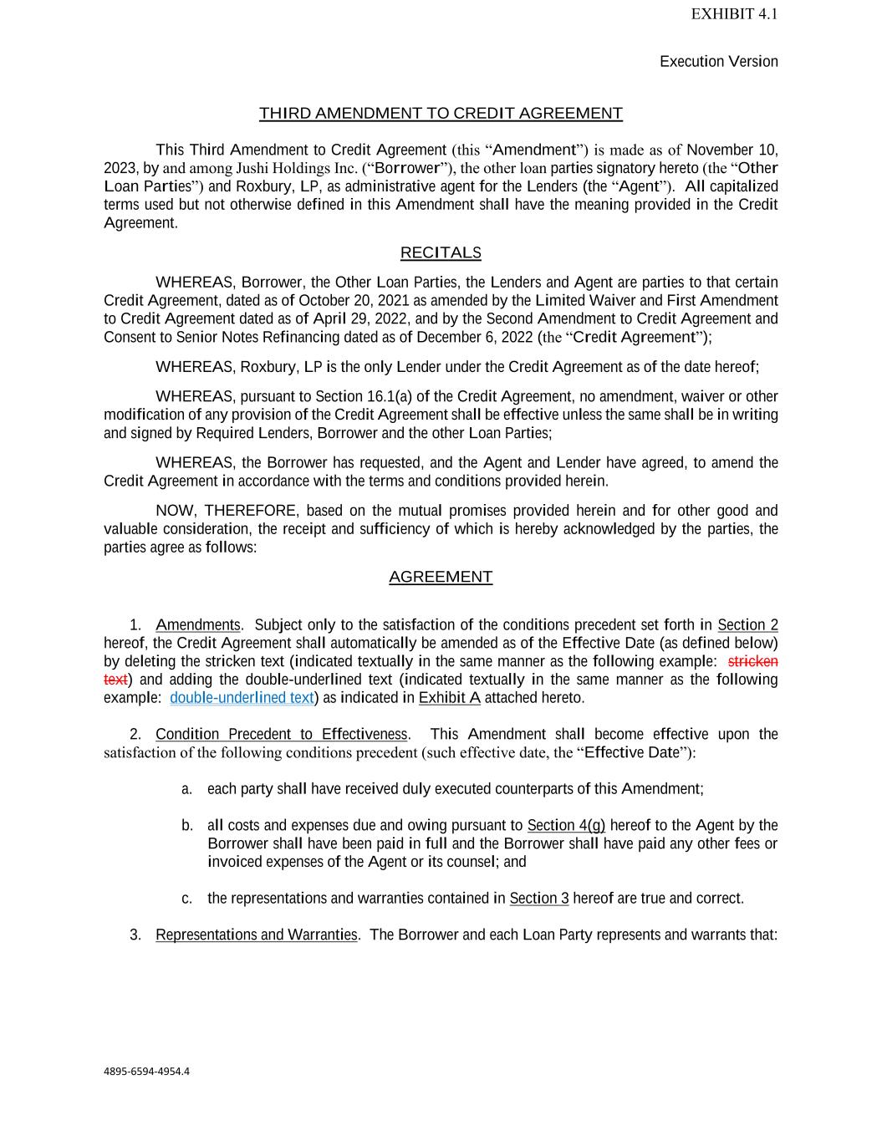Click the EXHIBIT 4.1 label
click(734, 14)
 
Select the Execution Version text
click(718, 62)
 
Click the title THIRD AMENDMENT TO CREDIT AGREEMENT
click(441, 114)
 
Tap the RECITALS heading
click(441, 252)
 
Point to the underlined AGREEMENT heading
click(441, 577)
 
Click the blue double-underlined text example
click(242, 698)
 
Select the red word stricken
click(752, 661)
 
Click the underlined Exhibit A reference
click(449, 698)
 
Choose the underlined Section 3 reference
click(539, 899)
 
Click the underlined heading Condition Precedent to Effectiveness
click(282, 735)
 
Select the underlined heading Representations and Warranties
click(257, 935)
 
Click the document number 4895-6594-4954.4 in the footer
click(146, 1071)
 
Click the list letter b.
click(187, 826)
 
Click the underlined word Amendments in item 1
click(198, 625)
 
